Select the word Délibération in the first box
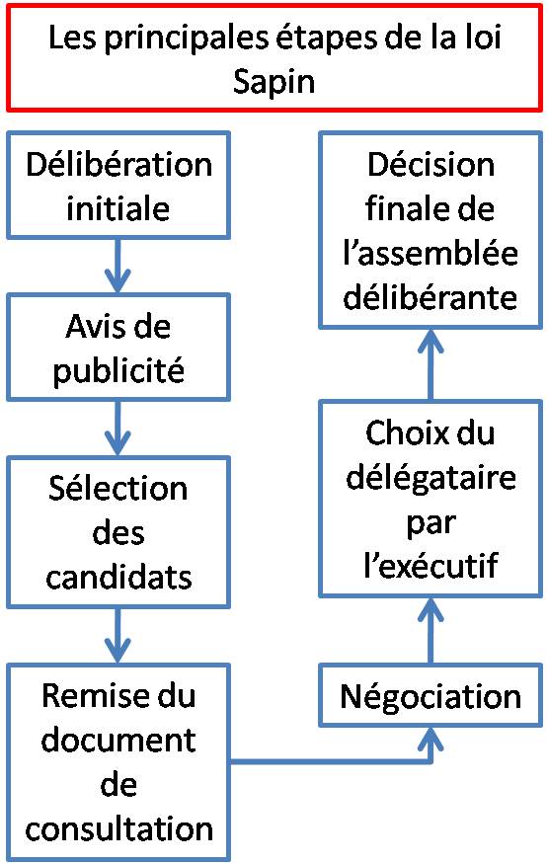coord(118,165)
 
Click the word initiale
coord(117,208)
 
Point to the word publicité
coord(118,372)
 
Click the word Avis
coord(90,327)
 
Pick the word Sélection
coord(118,488)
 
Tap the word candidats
coord(118,577)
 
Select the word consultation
coord(118,828)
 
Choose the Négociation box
coord(431,695)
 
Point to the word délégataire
coord(431,479)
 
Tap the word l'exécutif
coord(431,565)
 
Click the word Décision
coord(431,165)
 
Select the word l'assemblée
coord(431,253)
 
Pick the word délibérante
coord(431,297)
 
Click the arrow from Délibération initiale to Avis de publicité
coord(118,266)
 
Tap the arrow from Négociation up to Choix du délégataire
coord(431,631)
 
